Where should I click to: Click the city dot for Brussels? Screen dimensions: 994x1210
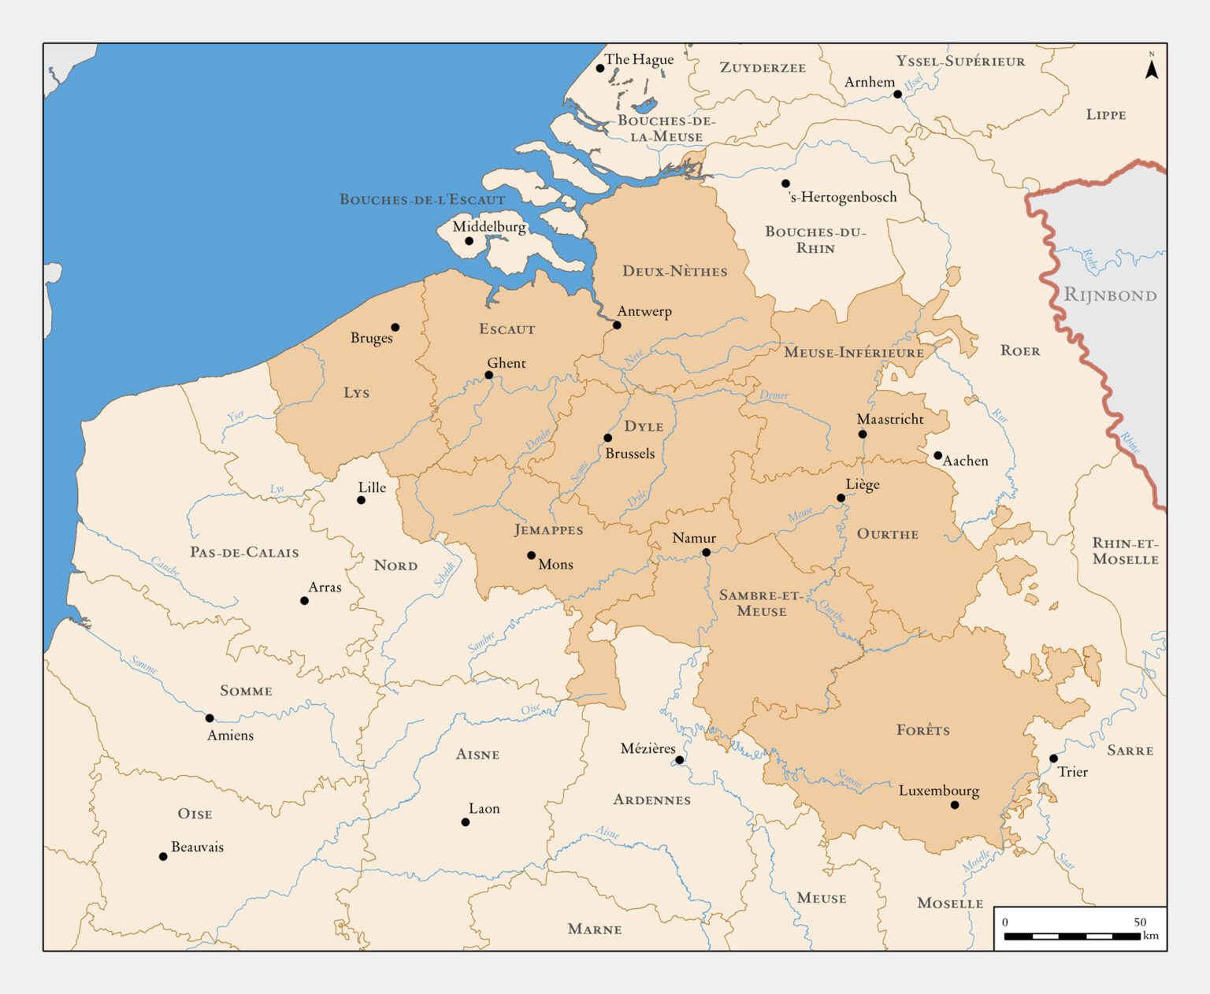(607, 438)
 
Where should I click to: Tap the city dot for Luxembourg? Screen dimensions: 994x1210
(954, 805)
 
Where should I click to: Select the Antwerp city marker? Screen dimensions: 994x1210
(617, 325)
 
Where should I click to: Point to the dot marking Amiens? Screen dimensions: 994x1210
(210, 718)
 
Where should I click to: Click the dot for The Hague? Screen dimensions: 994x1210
(599, 69)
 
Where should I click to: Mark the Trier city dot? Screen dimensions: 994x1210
(1053, 758)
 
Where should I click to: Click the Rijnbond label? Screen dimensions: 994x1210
(1110, 295)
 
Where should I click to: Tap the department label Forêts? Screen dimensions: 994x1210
(922, 730)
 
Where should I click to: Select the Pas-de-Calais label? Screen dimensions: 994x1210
(244, 552)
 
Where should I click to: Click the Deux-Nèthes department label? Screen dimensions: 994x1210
(674, 271)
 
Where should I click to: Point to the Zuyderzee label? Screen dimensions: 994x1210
(763, 68)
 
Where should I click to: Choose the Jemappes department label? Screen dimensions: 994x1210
(548, 530)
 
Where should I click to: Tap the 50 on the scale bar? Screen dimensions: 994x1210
(1140, 922)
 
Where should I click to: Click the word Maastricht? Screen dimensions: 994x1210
(890, 419)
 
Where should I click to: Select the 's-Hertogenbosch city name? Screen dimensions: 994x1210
(843, 197)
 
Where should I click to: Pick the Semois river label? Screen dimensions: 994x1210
(849, 779)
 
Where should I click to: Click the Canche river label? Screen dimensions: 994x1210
(165, 566)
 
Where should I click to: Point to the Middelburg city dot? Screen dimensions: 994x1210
(469, 241)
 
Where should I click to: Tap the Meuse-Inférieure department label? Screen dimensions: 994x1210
(854, 352)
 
